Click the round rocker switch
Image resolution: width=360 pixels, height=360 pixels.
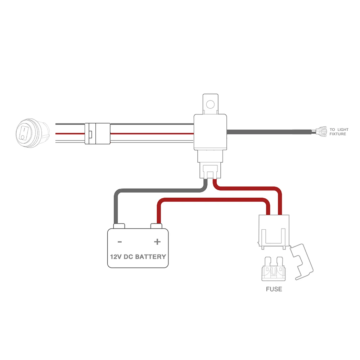33,133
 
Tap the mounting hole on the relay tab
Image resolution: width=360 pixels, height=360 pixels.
210,104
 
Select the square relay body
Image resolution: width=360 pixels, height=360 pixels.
210,132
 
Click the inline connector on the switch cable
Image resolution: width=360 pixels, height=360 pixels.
98,134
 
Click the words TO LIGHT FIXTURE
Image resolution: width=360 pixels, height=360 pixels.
339,132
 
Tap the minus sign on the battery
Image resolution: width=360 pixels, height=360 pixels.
120,242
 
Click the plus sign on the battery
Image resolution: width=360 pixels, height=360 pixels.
157,242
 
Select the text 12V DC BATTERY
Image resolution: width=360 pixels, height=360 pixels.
138,257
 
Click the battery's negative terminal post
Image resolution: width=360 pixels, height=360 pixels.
119,226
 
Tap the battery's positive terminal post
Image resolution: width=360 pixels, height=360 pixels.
156,226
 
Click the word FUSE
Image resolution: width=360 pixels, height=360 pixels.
274,289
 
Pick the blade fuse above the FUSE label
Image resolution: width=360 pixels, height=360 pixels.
274,269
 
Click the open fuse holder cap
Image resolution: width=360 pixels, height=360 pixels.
302,262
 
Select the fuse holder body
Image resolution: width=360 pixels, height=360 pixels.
274,232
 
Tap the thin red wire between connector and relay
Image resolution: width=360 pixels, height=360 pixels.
152,134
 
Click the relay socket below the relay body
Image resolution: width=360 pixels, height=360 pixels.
210,165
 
